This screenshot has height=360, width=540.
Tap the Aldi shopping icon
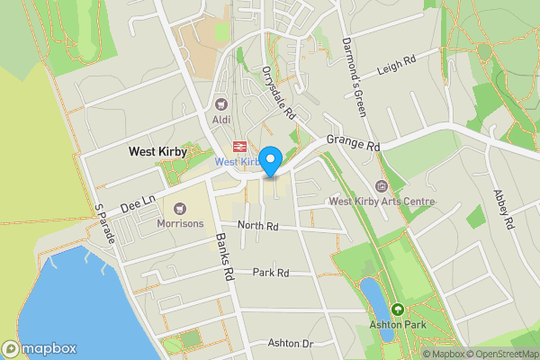[221, 104]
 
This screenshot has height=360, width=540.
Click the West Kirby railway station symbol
[239, 146]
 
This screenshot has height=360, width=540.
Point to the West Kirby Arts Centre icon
[382, 187]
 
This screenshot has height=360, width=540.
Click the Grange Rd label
[354, 142]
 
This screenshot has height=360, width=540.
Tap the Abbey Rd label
[502, 210]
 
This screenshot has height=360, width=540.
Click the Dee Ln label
[138, 195]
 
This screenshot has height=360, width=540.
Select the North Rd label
[256, 225]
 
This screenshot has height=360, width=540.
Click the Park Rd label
[270, 273]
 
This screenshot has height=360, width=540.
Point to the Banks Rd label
[225, 258]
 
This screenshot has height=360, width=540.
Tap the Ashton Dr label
[290, 344]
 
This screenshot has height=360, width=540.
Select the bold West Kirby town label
[158, 152]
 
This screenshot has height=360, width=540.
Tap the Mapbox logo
[39, 348]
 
